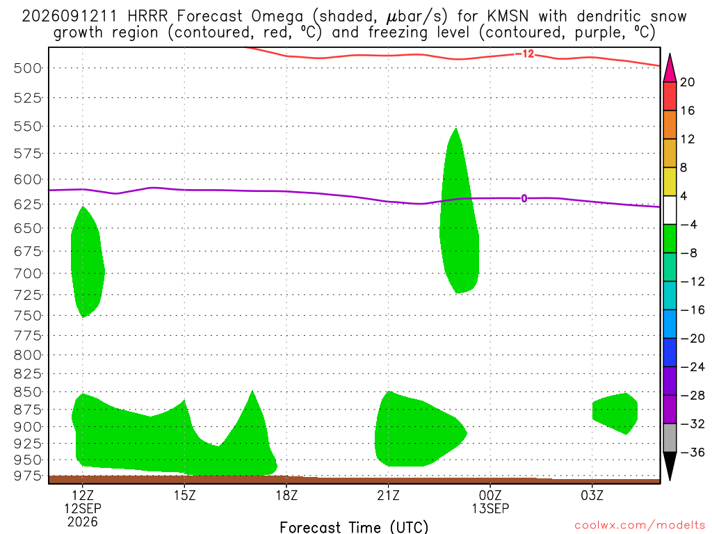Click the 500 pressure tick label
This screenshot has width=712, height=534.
click(27, 69)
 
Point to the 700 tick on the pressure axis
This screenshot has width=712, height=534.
click(27, 273)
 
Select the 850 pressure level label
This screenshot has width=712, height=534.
click(27, 392)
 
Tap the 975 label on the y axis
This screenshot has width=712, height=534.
click(27, 476)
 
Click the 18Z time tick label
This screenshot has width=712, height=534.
click(286, 495)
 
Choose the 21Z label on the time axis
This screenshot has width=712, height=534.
click(388, 495)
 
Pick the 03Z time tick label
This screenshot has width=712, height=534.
click(592, 495)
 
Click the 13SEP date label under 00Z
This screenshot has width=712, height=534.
click(490, 508)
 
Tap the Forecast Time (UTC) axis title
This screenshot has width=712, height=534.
click(354, 527)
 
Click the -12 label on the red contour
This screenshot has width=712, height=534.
click(526, 54)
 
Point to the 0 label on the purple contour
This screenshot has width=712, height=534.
click(524, 198)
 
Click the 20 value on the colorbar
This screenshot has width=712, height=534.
click(687, 82)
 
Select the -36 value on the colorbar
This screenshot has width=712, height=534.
click(692, 452)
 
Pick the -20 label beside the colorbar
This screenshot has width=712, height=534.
click(692, 339)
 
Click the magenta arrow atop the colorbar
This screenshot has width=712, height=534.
click(670, 68)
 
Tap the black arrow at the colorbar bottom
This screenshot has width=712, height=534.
click(670, 465)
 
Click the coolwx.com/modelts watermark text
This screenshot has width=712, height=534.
click(640, 525)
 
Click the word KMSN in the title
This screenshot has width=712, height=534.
click(508, 17)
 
